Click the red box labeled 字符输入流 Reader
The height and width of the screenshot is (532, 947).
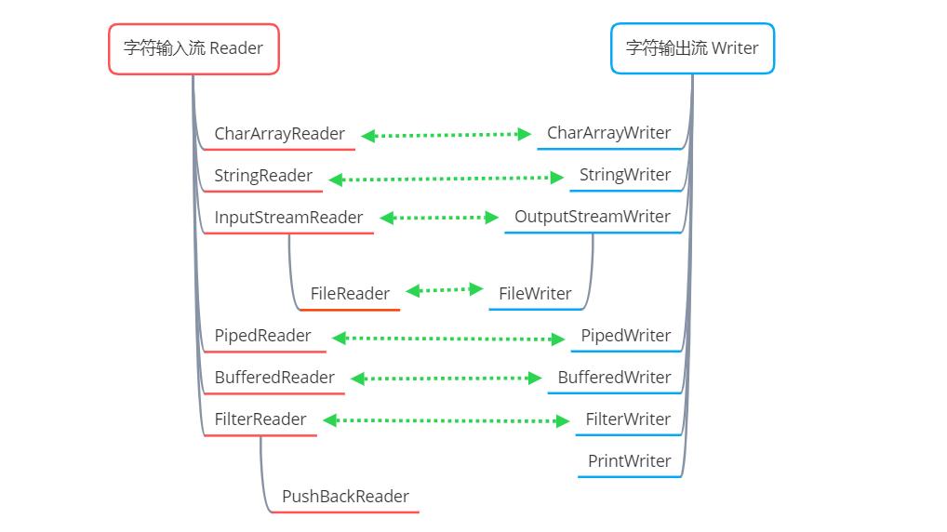pyautogui.click(x=193, y=48)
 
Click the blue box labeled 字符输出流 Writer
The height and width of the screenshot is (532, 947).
pyautogui.click(x=692, y=48)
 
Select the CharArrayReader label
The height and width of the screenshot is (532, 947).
pyautogui.click(x=279, y=134)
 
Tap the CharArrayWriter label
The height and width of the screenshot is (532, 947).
pyautogui.click(x=608, y=133)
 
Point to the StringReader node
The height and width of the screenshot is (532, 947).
pyautogui.click(x=263, y=176)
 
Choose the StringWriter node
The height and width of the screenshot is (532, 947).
pyautogui.click(x=624, y=175)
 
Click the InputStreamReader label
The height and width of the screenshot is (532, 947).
pyautogui.click(x=288, y=218)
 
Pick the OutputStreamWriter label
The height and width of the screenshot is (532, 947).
pyautogui.click(x=592, y=217)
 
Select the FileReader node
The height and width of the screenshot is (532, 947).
pyautogui.click(x=350, y=294)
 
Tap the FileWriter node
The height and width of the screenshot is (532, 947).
pyautogui.click(x=535, y=294)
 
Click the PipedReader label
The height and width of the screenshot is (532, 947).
pyautogui.click(x=262, y=336)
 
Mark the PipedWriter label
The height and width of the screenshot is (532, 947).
pyautogui.click(x=625, y=336)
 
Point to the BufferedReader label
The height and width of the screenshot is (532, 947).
pyautogui.click(x=274, y=378)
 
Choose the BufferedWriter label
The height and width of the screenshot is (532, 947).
pyautogui.click(x=614, y=378)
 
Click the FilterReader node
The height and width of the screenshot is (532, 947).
pyautogui.click(x=260, y=419)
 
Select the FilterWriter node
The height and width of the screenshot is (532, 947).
pyautogui.click(x=627, y=419)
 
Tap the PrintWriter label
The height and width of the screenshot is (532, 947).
pyautogui.click(x=629, y=461)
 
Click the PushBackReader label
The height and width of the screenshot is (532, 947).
pyautogui.click(x=345, y=497)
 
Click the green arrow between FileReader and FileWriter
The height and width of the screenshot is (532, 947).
pyautogui.click(x=445, y=290)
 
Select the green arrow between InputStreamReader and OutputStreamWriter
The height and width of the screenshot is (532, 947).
pyautogui.click(x=440, y=218)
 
